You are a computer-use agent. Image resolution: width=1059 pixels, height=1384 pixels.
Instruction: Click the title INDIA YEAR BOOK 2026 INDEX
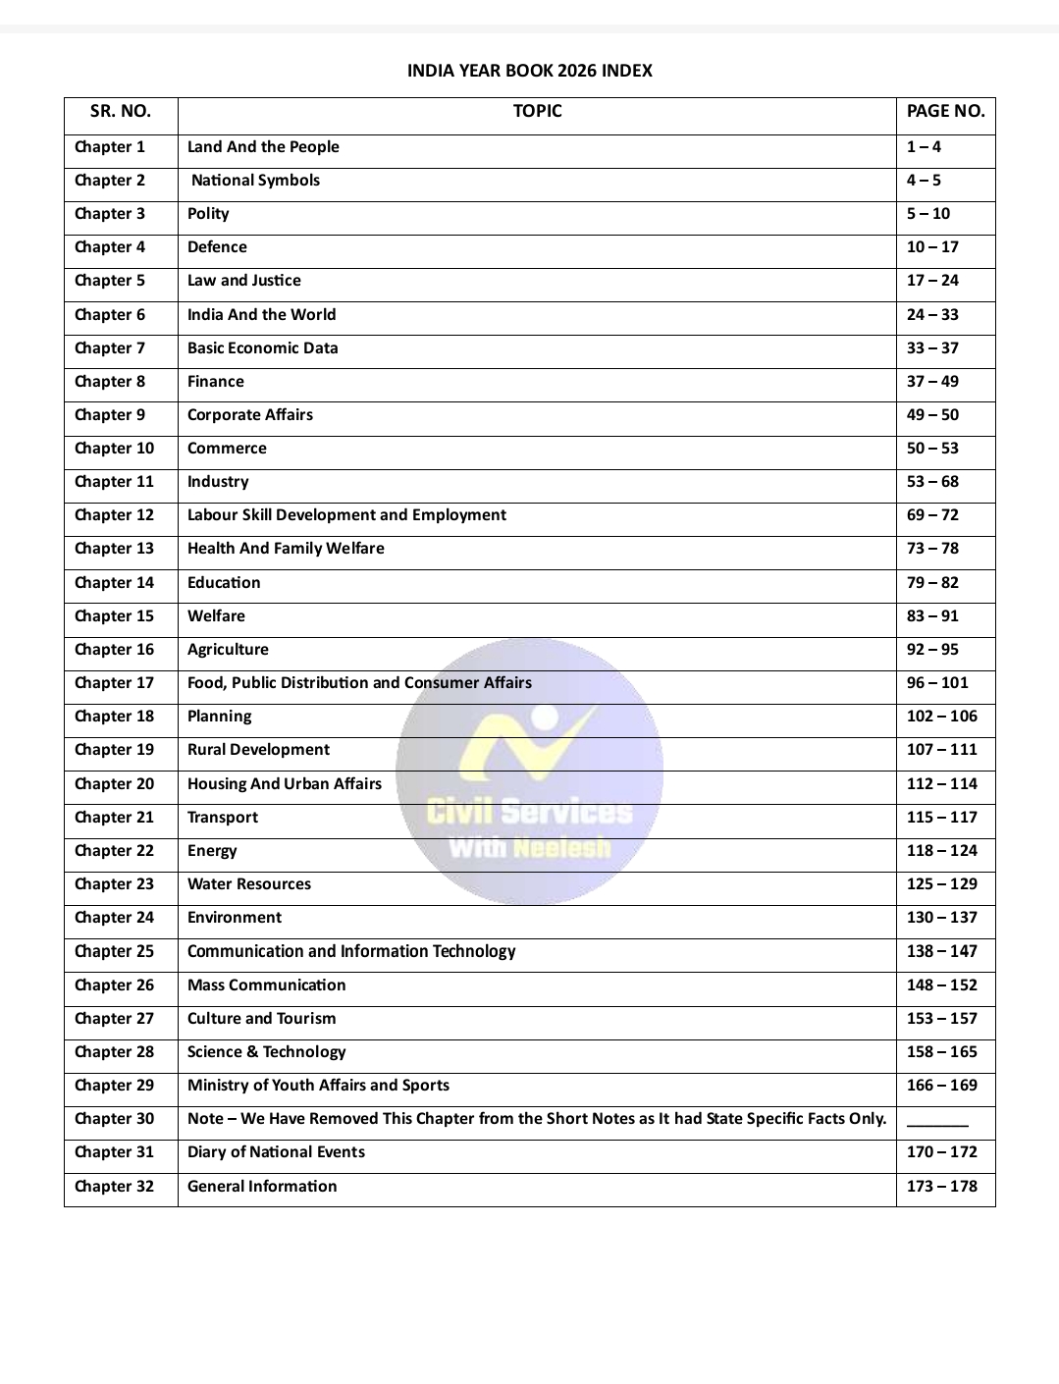point(529,71)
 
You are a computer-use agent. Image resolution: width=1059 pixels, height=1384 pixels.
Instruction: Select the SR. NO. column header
point(121,112)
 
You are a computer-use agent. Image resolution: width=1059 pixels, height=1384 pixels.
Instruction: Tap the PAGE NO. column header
point(945,112)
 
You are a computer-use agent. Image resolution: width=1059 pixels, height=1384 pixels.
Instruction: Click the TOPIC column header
point(537,112)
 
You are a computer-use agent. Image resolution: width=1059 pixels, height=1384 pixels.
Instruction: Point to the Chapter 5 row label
point(110,281)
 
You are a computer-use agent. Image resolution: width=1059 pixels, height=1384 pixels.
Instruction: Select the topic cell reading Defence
point(217,247)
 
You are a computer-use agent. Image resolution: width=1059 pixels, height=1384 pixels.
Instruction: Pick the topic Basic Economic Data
point(262,348)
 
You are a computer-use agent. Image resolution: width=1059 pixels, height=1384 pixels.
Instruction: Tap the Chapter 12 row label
point(114,515)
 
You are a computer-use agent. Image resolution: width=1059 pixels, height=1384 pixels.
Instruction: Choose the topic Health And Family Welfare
point(286,549)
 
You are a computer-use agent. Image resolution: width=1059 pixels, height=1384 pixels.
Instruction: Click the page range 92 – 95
point(932,650)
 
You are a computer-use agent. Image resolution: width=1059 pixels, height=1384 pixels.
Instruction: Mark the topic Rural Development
point(258,750)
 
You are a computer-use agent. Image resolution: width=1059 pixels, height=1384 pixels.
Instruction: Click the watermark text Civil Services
point(529,813)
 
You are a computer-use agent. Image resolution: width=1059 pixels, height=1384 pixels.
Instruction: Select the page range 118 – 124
point(942,851)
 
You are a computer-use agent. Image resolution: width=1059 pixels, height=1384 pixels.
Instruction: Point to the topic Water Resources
point(249,884)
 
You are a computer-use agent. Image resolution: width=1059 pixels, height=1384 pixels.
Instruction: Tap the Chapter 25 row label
point(114,952)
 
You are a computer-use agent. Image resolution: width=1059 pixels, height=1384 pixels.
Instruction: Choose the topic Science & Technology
point(266,1052)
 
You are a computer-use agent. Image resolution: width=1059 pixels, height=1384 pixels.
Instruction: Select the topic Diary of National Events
point(276,1152)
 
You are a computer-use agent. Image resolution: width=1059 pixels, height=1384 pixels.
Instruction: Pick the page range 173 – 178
point(942,1187)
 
